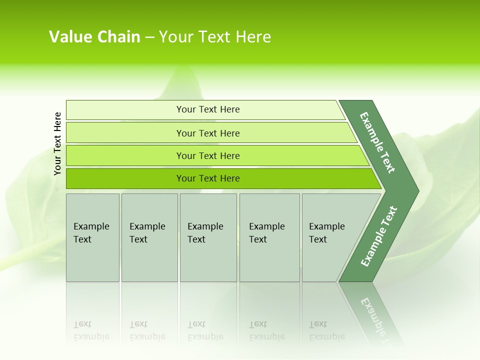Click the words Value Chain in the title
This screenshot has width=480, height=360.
[94, 37]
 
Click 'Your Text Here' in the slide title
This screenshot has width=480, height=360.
[215, 37]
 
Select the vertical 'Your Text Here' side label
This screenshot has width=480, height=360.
[57, 143]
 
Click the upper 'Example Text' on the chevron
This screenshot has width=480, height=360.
[377, 142]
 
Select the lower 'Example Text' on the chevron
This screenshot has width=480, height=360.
[379, 236]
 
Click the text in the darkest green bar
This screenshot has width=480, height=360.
[208, 178]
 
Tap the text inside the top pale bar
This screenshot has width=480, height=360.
[208, 109]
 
